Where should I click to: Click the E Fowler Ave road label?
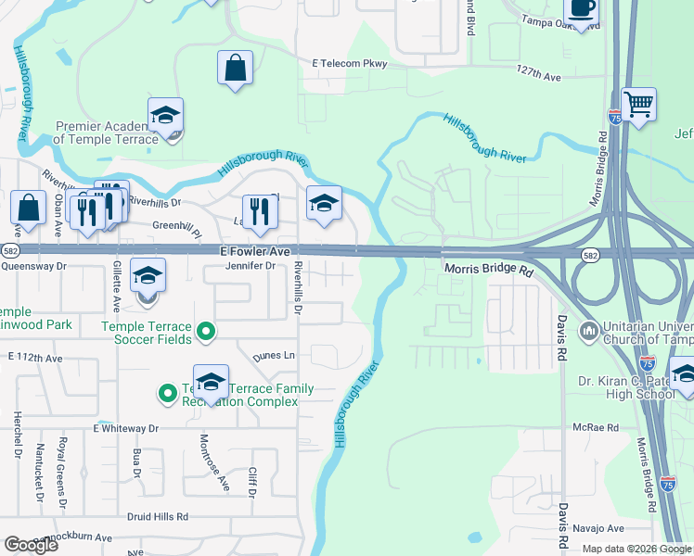point(255,251)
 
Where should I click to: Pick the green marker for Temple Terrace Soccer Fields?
point(208,331)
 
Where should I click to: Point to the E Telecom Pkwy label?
point(349,63)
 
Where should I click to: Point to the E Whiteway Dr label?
point(126,429)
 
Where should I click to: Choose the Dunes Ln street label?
point(277,355)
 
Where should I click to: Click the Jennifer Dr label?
point(251,266)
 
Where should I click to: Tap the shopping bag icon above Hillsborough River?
point(236,68)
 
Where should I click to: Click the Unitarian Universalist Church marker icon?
point(588,331)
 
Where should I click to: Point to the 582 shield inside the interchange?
point(590,254)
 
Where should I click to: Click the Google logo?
point(32,545)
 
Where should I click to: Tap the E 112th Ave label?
point(34,357)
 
